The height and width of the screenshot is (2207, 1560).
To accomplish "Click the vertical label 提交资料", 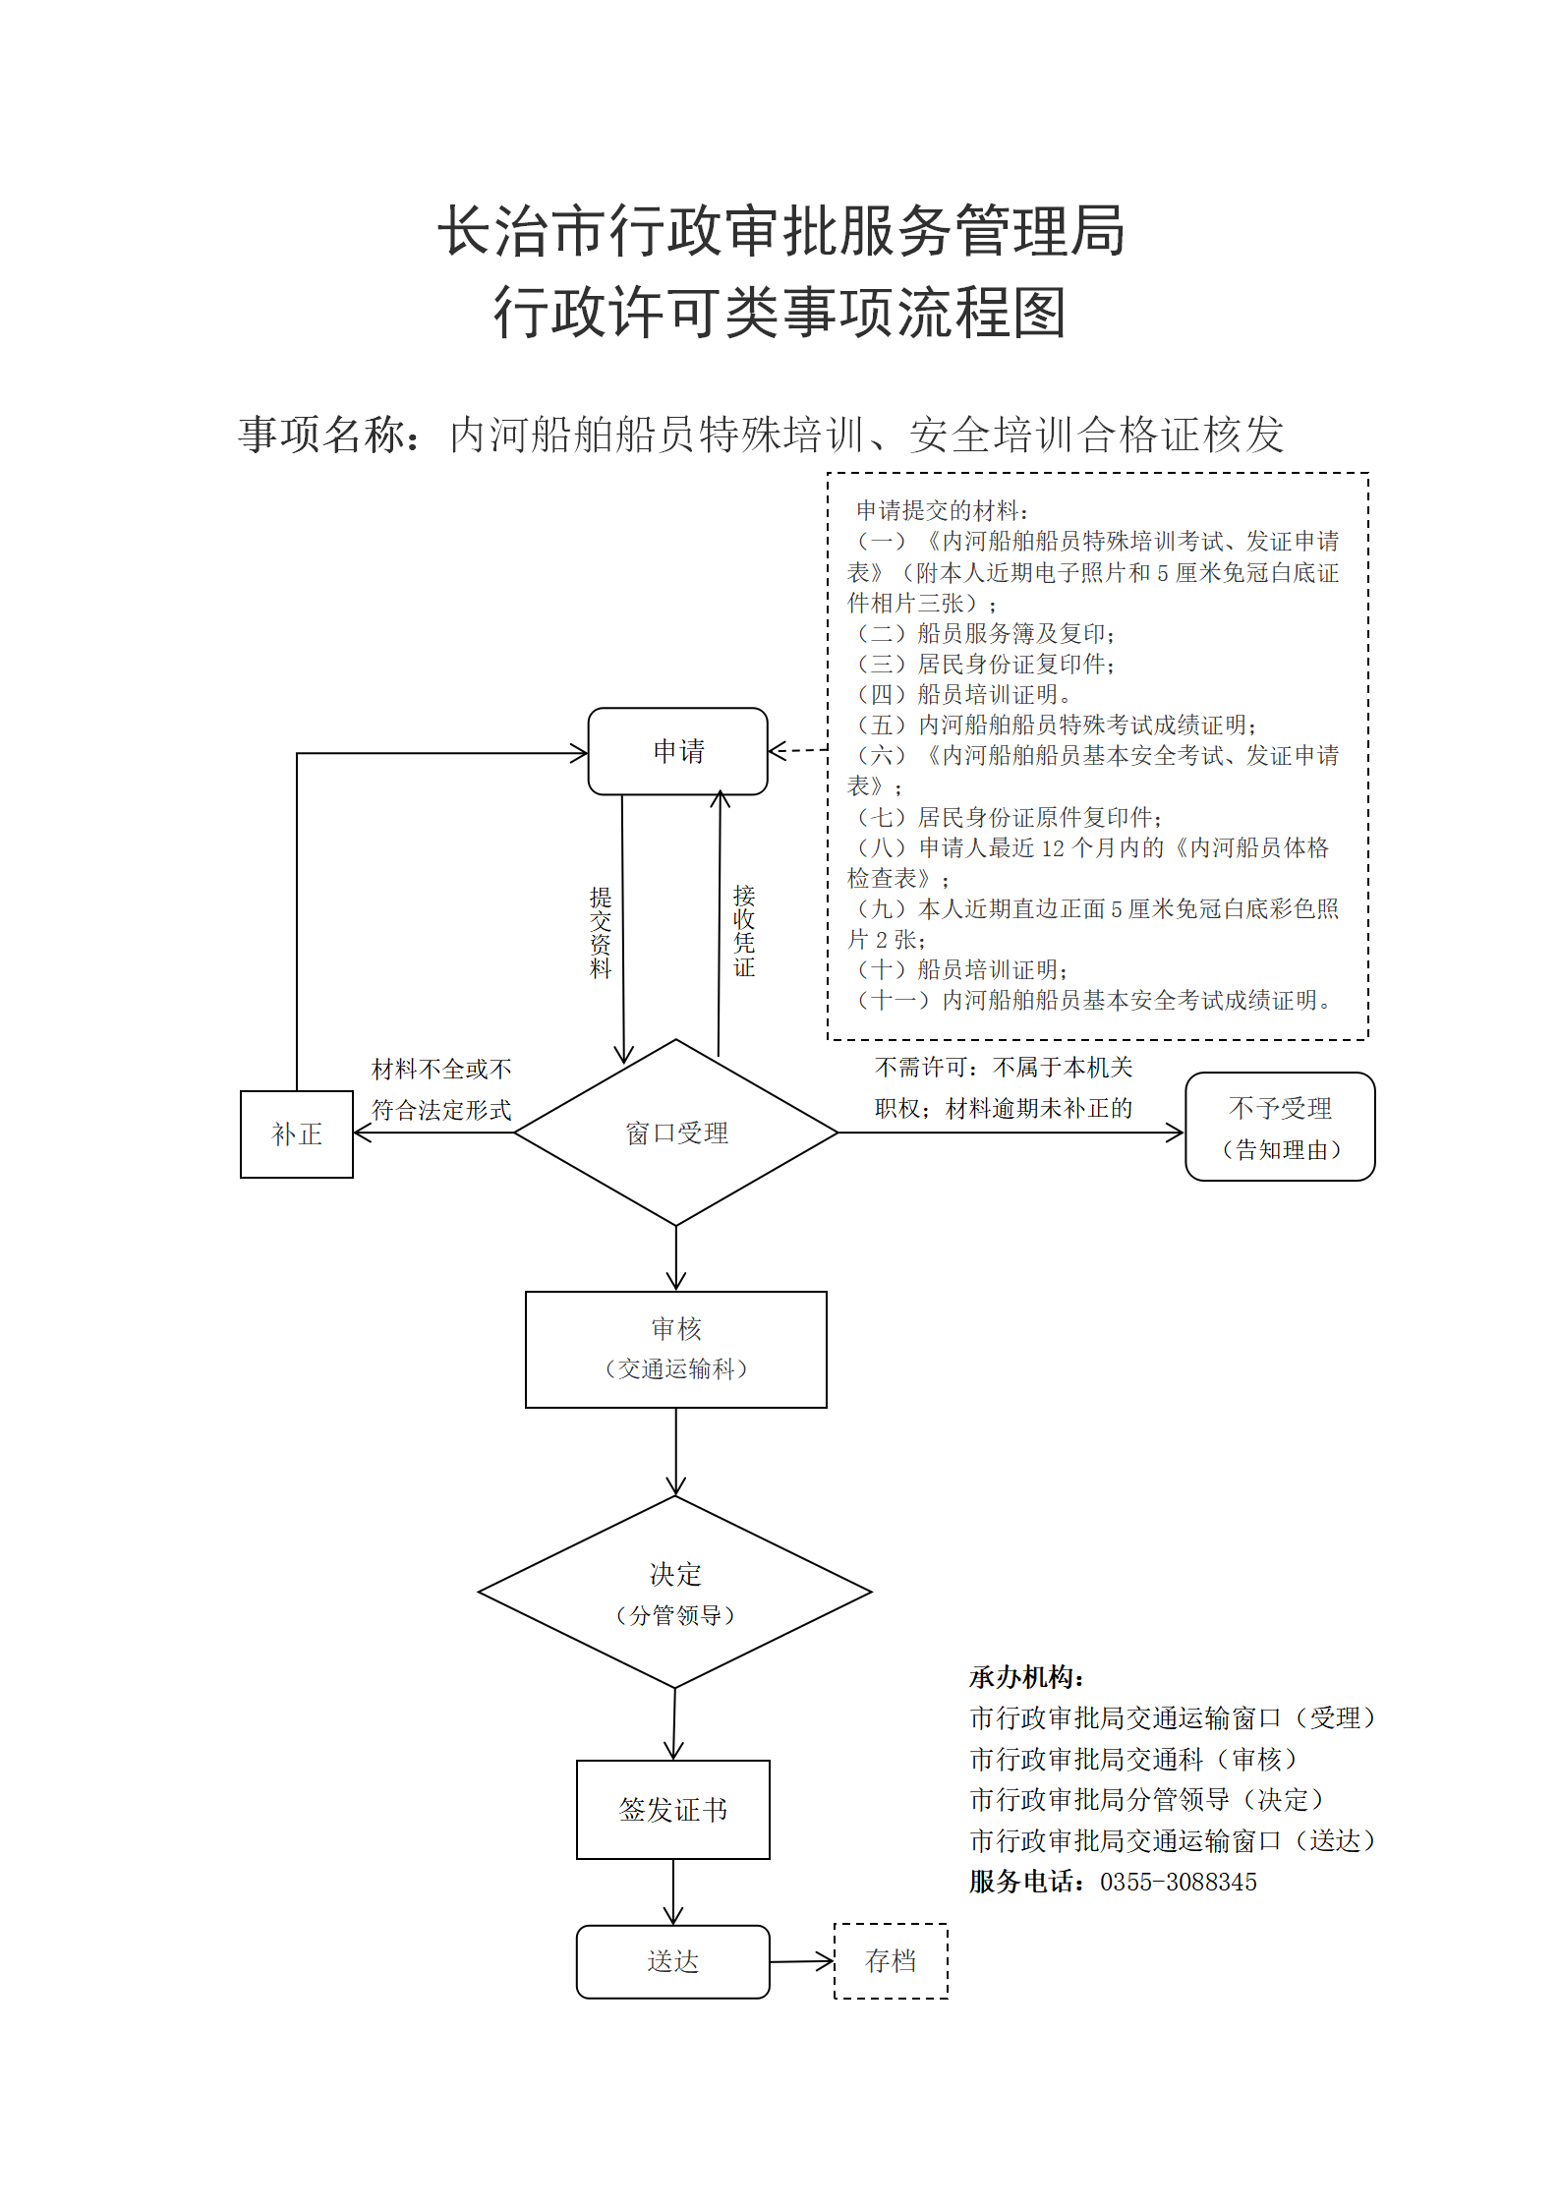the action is pyautogui.click(x=601, y=932).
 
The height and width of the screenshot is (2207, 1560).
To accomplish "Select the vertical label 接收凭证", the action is pyautogui.click(x=744, y=930).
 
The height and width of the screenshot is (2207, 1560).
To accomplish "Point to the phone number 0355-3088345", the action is pyautogui.click(x=1179, y=1882).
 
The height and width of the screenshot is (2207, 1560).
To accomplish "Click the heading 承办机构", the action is pyautogui.click(x=1026, y=1677).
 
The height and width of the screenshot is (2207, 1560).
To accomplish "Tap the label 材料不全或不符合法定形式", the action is pyautogui.click(x=441, y=1089).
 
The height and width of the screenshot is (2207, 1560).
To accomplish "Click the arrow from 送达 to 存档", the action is pyautogui.click(x=802, y=1962).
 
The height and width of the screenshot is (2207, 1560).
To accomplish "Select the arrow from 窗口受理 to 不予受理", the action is pyautogui.click(x=1011, y=1133).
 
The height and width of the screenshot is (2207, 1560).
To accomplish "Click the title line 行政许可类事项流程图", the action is pyautogui.click(x=780, y=313).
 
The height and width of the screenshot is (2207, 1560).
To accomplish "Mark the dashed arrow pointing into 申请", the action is pyautogui.click(x=798, y=751).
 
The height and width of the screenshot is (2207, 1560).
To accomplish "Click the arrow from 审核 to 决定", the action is pyautogui.click(x=676, y=1452).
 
